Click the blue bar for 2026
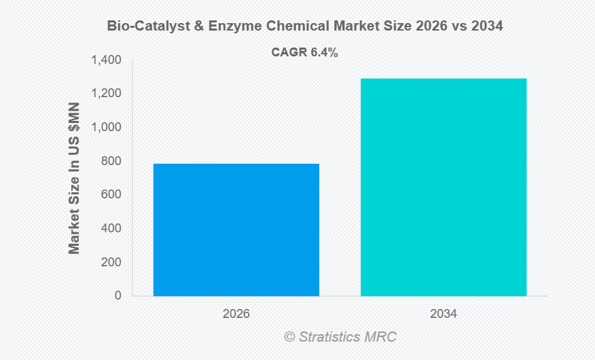click(236, 230)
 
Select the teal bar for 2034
click(444, 187)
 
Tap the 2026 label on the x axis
click(236, 314)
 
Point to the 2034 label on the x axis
click(444, 314)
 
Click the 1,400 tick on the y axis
click(106, 60)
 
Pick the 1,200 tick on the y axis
click(106, 94)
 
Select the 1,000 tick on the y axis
click(106, 128)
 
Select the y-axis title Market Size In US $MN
click(75, 178)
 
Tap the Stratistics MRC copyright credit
click(340, 337)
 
